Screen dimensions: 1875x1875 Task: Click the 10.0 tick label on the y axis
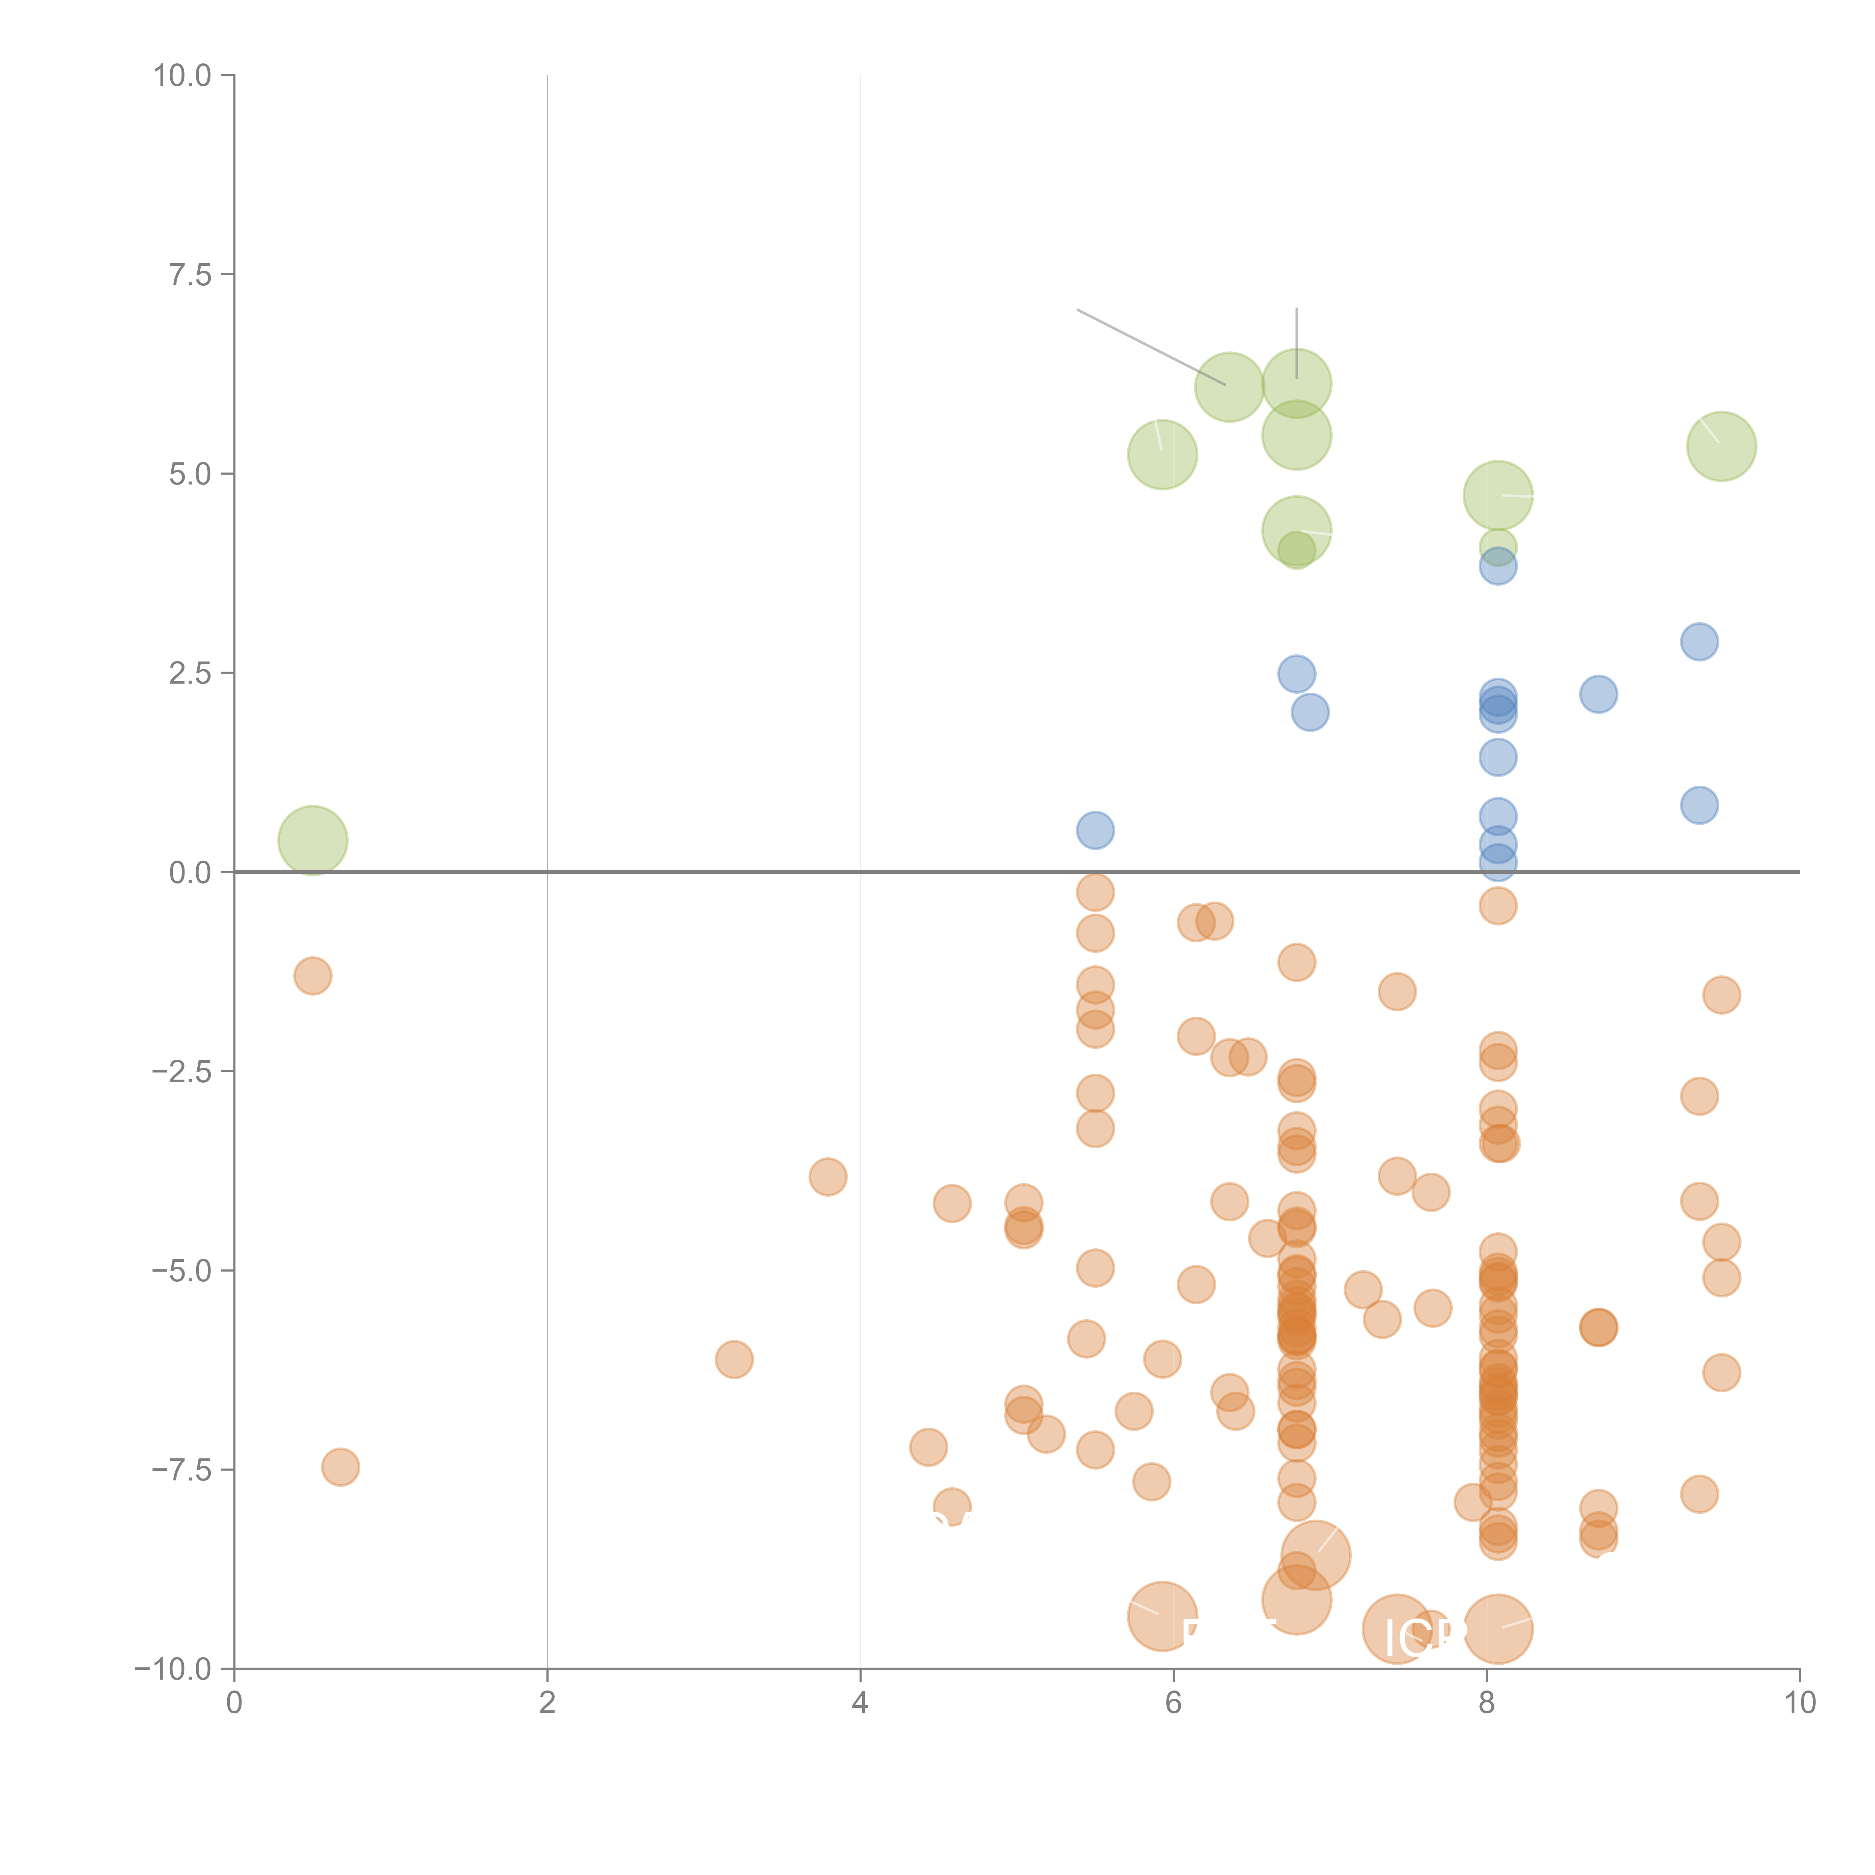click(x=183, y=76)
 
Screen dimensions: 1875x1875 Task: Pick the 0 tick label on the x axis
click(x=234, y=1703)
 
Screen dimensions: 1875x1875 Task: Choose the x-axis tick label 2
click(x=547, y=1703)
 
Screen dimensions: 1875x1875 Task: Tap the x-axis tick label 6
click(x=1173, y=1703)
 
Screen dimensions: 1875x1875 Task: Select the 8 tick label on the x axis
click(x=1487, y=1703)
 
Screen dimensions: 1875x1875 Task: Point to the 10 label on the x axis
click(x=1799, y=1703)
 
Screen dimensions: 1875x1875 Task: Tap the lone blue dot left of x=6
click(x=1095, y=830)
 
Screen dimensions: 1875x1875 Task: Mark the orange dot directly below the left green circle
click(x=312, y=975)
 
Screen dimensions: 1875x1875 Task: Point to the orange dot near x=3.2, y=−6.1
click(x=734, y=1359)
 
